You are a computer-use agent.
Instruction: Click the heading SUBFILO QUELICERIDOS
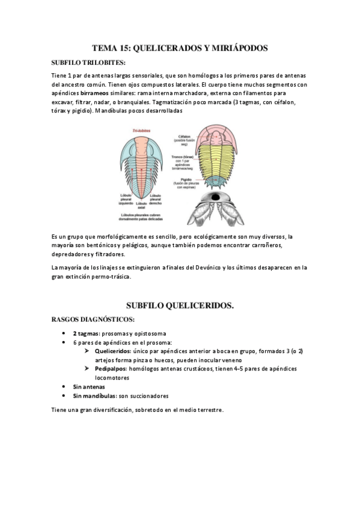click(180, 306)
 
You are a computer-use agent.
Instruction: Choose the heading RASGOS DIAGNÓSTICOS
click(93, 318)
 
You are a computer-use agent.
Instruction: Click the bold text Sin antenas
click(89, 387)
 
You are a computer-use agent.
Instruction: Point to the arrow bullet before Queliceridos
click(88, 351)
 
